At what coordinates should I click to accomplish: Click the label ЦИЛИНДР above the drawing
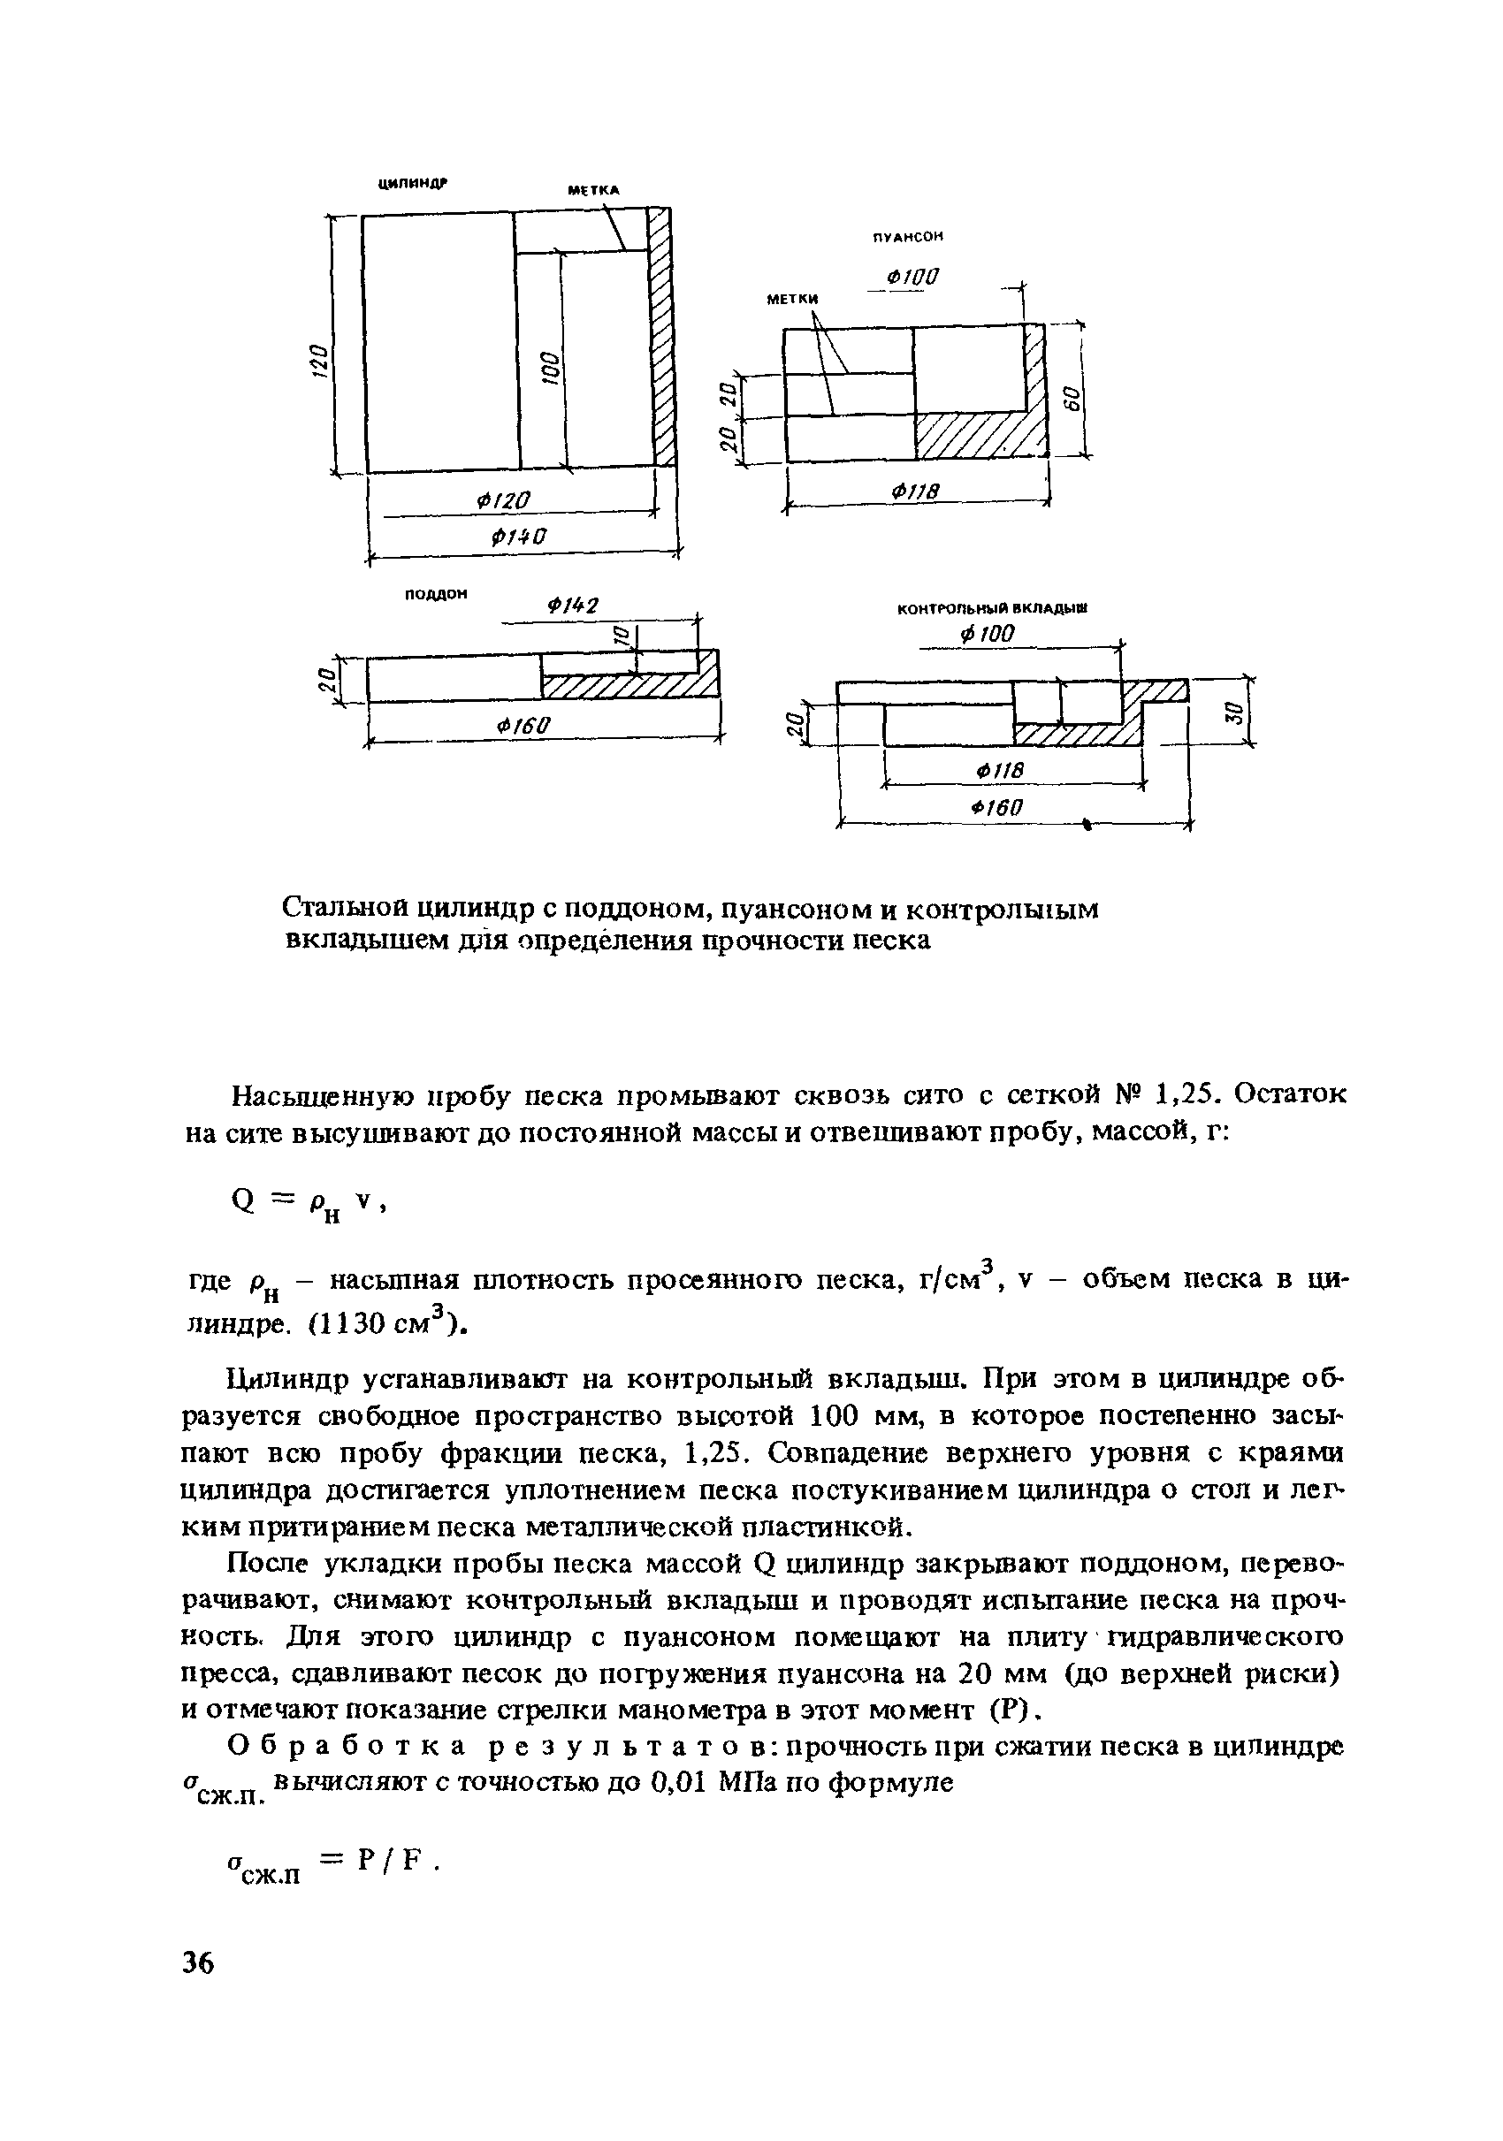(412, 184)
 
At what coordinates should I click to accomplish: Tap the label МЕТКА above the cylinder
(594, 190)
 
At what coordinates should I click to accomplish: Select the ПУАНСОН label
(908, 237)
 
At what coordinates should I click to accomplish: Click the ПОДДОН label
(435, 593)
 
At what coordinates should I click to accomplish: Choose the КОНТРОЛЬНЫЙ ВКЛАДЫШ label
(992, 609)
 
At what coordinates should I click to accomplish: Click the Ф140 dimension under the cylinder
(518, 537)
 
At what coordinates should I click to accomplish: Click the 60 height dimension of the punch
(1072, 396)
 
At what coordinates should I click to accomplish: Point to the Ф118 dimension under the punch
(915, 491)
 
